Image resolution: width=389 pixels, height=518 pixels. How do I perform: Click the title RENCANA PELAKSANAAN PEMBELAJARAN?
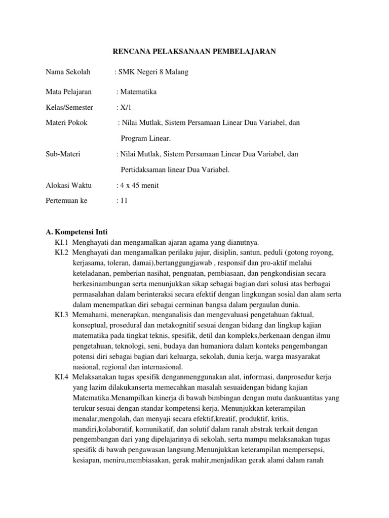[193, 52]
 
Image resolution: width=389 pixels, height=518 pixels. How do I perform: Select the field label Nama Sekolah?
[68, 72]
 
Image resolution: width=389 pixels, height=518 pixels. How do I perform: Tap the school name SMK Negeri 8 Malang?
[153, 72]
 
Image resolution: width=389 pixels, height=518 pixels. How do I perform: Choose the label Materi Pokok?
[66, 123]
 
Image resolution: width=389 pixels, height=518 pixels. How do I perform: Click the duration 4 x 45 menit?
[138, 185]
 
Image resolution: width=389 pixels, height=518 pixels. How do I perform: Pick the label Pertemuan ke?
[66, 201]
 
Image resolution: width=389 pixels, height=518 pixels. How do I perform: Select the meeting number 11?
[124, 201]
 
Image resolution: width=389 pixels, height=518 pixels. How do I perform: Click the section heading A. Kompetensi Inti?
[76, 233]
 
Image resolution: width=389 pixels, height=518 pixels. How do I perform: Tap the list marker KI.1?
[62, 242]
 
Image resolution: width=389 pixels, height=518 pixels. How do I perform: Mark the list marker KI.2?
[62, 252]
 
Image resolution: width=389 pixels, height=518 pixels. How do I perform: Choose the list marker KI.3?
[62, 315]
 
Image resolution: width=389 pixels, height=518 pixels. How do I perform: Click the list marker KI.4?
[62, 377]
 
